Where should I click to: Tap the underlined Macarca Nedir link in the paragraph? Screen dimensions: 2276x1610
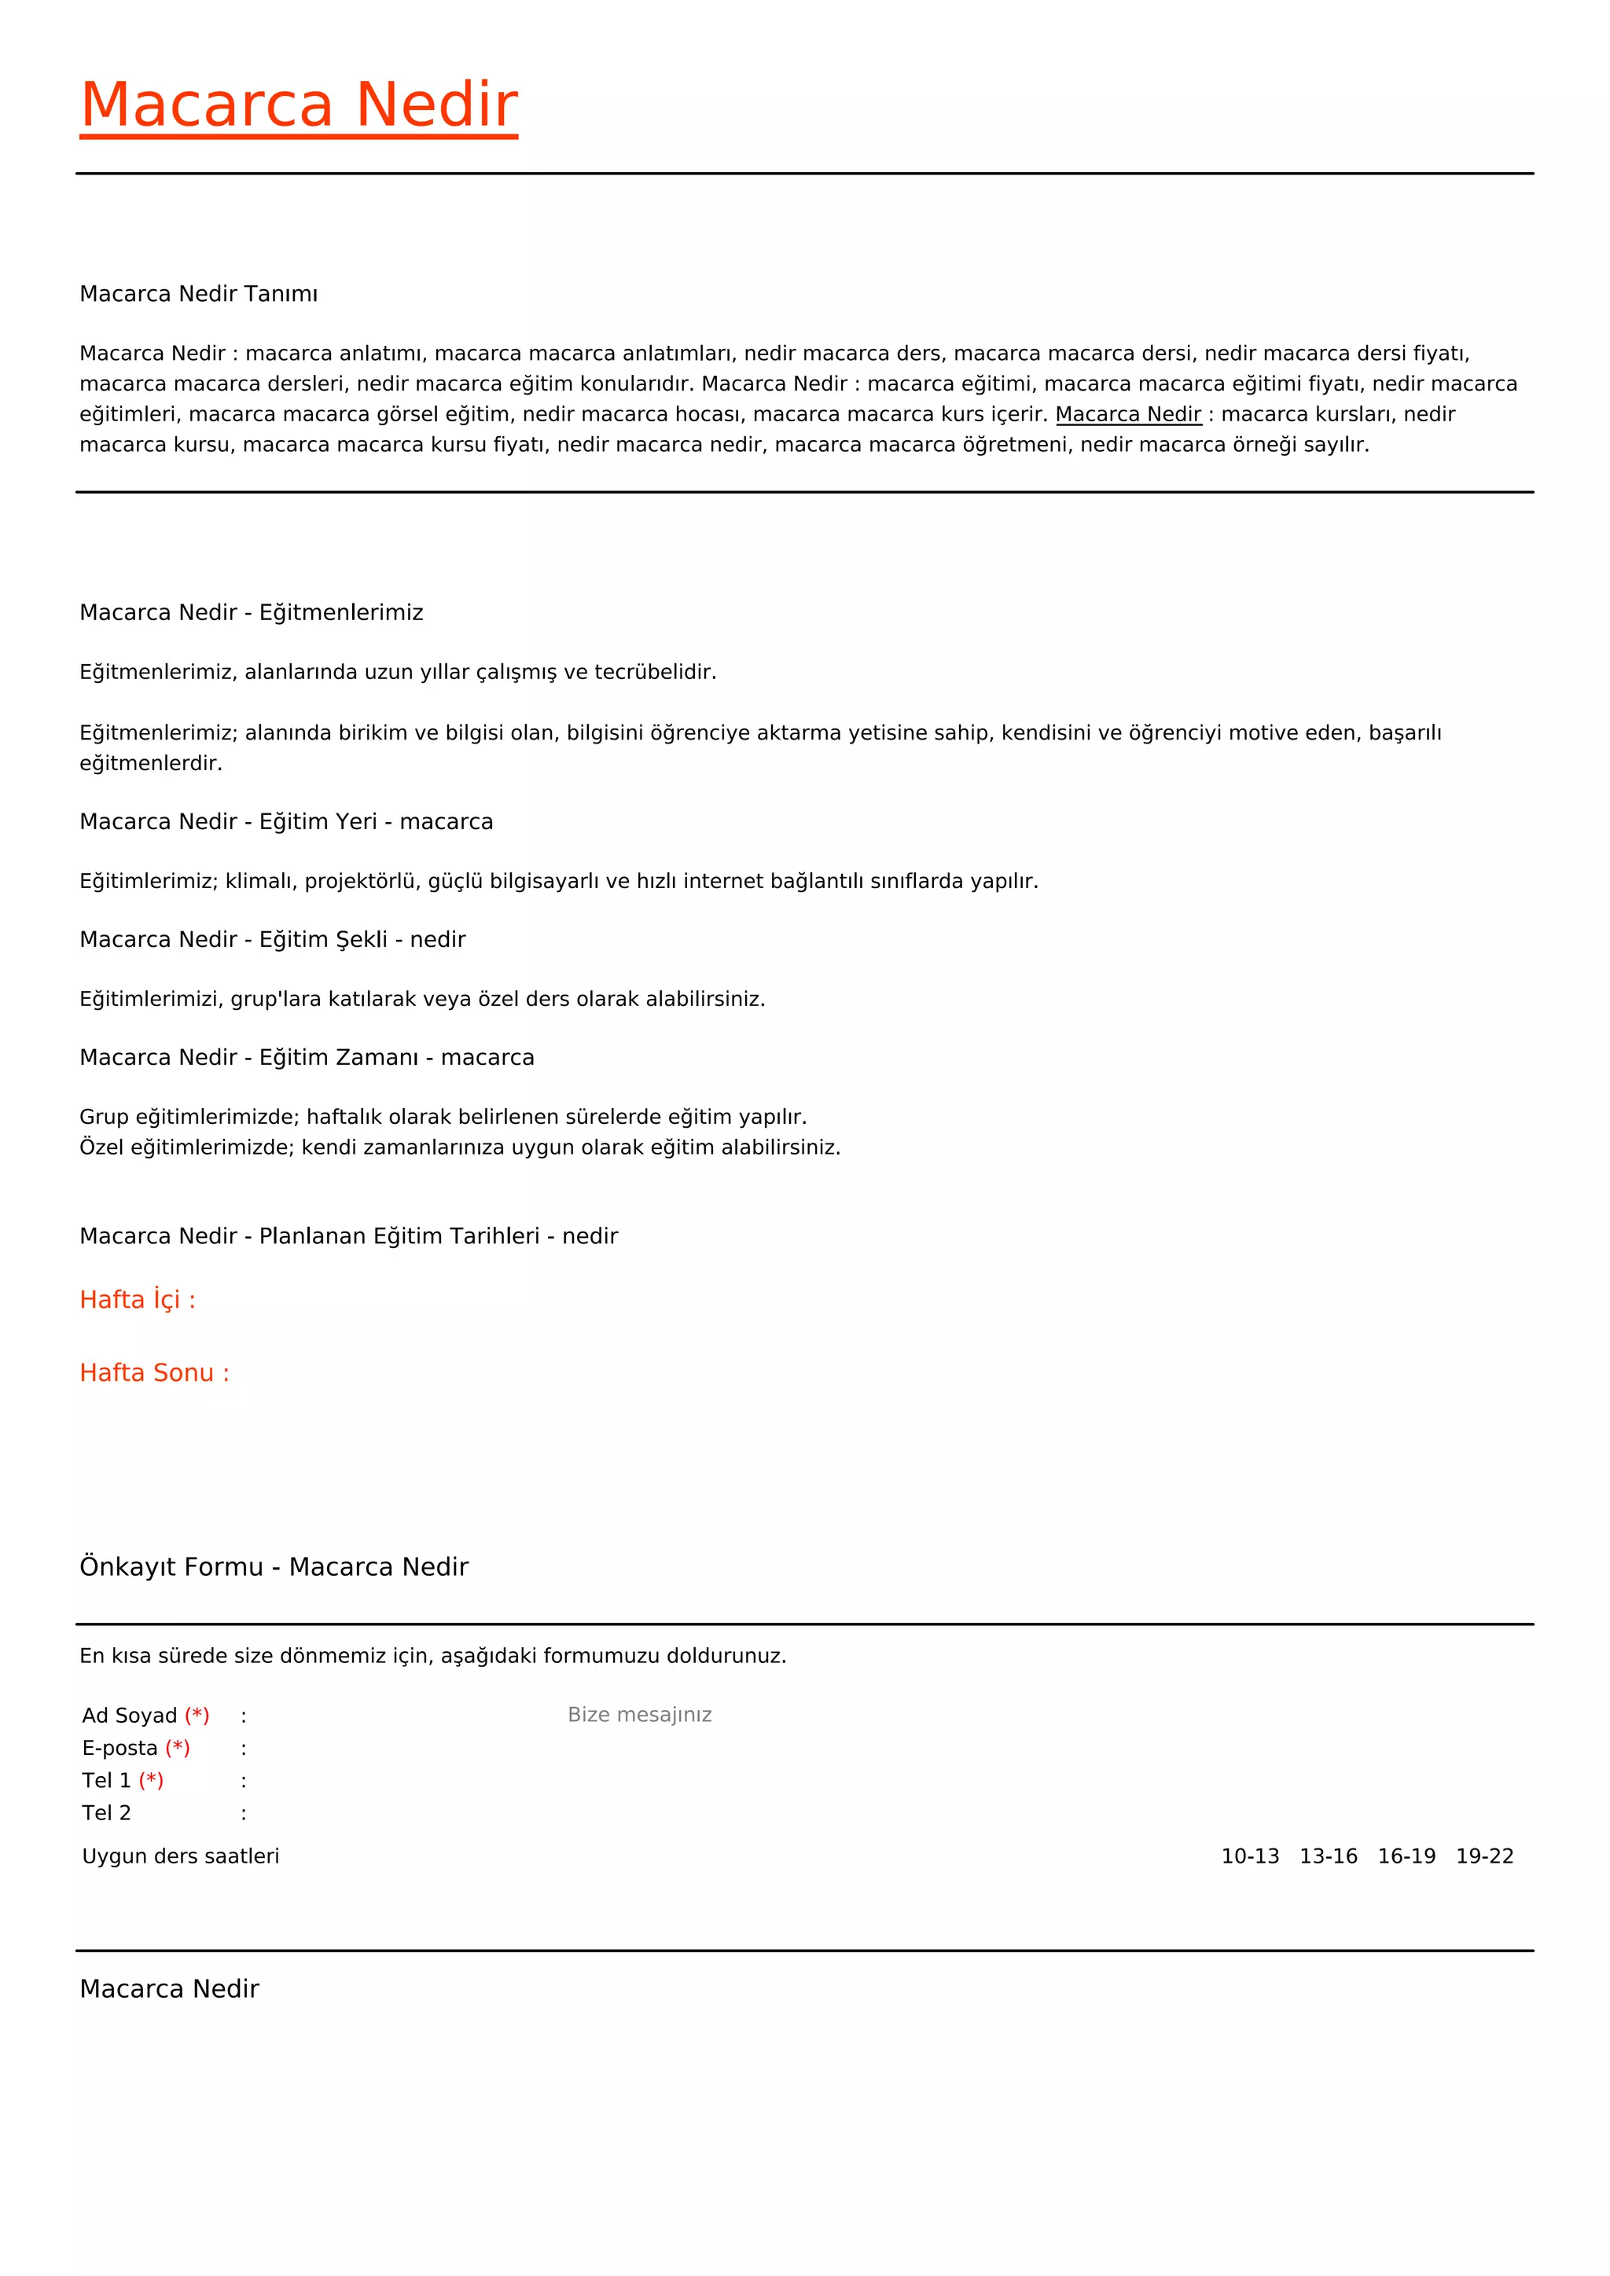1128,414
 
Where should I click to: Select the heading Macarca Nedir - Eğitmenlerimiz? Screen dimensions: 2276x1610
251,612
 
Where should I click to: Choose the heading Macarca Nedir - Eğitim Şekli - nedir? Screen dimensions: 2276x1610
272,940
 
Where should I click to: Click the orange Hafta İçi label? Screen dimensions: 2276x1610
138,1300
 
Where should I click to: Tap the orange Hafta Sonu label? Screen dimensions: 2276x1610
153,1373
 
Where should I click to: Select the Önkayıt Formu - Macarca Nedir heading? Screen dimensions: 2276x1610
274,1566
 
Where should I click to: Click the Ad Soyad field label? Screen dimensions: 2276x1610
130,1716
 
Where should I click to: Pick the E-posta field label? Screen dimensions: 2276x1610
120,1749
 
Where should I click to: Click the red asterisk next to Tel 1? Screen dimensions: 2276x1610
152,1780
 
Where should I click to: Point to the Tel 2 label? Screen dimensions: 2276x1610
106,1813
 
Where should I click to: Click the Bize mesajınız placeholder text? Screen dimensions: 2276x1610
639,1715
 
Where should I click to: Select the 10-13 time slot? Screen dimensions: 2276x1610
1249,1856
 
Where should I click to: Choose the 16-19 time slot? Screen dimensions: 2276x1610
1406,1856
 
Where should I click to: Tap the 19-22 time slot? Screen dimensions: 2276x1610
1484,1856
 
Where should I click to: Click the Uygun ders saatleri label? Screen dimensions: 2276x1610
181,1856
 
